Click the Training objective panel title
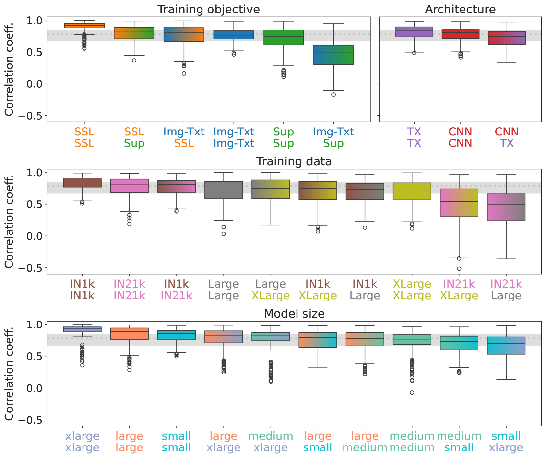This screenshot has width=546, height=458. (x=208, y=9)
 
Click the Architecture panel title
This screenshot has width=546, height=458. (x=460, y=9)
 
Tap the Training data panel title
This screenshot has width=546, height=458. (x=294, y=161)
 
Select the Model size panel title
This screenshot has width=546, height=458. (x=294, y=314)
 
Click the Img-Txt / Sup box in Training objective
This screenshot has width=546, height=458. (x=333, y=55)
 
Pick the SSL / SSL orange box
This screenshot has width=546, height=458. (x=84, y=26)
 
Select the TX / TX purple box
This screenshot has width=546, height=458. (x=414, y=32)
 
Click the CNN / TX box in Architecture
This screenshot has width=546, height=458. (x=507, y=38)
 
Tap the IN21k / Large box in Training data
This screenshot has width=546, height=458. (x=506, y=207)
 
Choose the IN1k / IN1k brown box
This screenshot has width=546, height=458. (x=82, y=182)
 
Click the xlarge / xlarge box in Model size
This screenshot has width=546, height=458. (x=82, y=329)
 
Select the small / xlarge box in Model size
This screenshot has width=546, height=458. (x=506, y=346)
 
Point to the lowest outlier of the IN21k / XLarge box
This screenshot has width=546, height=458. (x=459, y=269)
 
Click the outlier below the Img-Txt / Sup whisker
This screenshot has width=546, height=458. (x=333, y=95)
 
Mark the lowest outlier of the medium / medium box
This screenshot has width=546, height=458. (x=412, y=392)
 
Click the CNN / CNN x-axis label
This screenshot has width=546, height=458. (x=460, y=137)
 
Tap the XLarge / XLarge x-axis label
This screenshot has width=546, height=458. (x=412, y=290)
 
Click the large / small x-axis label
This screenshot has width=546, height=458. (x=318, y=442)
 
